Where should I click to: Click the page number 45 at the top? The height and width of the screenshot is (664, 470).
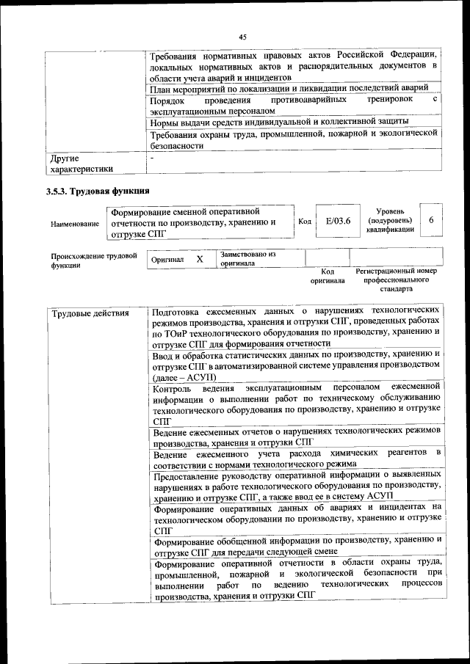tap(242, 37)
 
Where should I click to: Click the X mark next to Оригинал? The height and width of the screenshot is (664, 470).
tap(199, 260)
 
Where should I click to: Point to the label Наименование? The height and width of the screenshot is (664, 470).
tap(75, 223)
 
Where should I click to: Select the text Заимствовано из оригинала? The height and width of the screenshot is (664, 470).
tap(247, 258)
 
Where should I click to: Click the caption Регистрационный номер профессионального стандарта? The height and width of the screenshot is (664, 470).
tap(396, 280)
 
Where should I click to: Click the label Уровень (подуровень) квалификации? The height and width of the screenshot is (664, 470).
tap(390, 220)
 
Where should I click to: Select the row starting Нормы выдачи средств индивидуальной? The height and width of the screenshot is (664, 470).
tap(280, 121)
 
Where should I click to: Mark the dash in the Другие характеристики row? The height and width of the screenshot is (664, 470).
tap(152, 157)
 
